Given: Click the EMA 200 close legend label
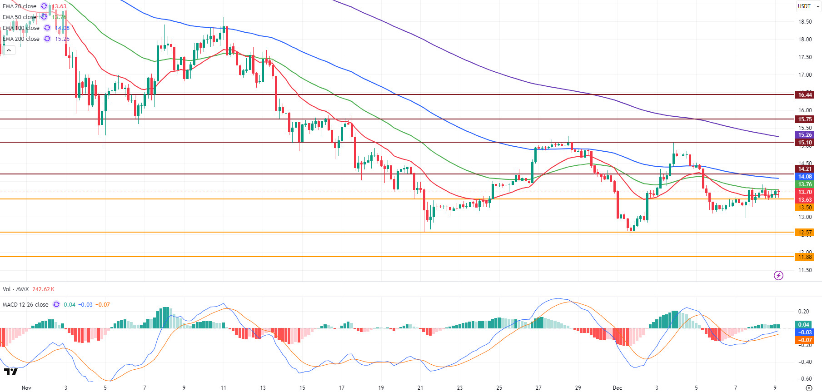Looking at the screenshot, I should pos(21,39).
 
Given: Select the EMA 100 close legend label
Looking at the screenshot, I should pos(21,28).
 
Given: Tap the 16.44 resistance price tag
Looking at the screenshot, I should pos(805,95).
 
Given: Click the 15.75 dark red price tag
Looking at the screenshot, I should pos(805,119).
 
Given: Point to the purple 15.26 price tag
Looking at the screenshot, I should pos(805,135).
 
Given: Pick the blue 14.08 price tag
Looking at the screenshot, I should pos(805,177).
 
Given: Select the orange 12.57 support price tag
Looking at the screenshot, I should pos(805,233).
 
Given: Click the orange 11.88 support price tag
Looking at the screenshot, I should pos(805,257).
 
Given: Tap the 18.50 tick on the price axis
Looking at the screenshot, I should pos(805,22).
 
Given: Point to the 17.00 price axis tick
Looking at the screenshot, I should pos(805,75).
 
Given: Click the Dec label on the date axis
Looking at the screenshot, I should pos(617,388).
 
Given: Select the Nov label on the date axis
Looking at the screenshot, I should pos(26,388).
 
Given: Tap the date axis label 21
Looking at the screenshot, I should pos(420,388).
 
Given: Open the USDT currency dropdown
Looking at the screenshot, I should pos(808,6).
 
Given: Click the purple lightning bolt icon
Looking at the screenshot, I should pos(778,275).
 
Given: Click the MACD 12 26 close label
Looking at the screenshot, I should pos(25,305).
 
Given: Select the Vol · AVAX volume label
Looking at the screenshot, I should pos(16,289).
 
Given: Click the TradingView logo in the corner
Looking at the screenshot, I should pos(11,372).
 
